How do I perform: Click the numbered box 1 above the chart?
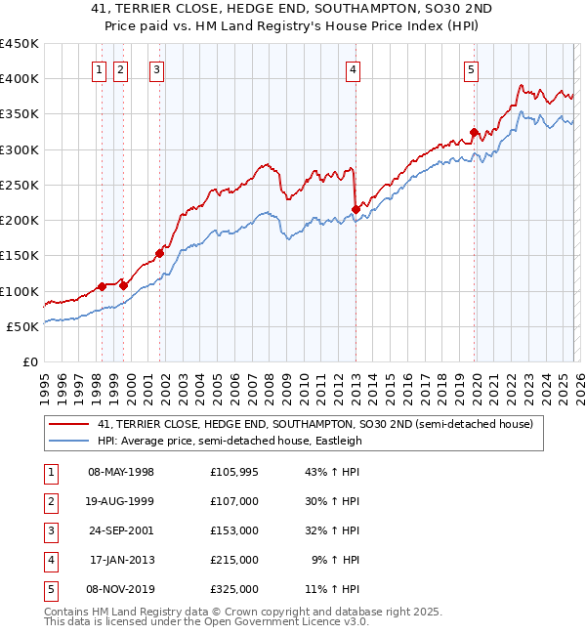[x=101, y=69]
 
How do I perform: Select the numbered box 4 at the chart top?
[x=353, y=69]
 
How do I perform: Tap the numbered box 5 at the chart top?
[x=471, y=69]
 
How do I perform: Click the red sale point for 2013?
[x=356, y=209]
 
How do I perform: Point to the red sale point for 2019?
[x=474, y=132]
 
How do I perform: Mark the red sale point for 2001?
[x=159, y=253]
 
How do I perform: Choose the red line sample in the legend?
[x=69, y=424]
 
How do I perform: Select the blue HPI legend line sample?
[x=69, y=441]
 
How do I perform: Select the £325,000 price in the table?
[x=233, y=589]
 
